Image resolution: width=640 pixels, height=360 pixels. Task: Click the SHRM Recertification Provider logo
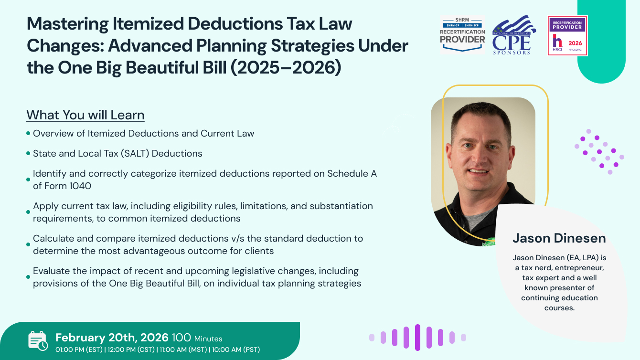click(x=462, y=35)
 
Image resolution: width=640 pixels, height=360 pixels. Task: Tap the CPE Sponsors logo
click(x=512, y=35)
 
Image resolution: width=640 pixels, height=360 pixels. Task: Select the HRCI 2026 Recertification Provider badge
click(x=567, y=36)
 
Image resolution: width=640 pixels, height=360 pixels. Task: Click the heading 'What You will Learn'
click(x=85, y=115)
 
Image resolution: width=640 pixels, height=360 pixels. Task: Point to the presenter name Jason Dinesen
click(x=559, y=238)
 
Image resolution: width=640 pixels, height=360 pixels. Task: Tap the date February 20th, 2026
click(x=112, y=338)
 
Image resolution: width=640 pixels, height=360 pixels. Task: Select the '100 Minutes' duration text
click(x=197, y=338)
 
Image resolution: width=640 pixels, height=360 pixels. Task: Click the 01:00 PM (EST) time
click(x=80, y=349)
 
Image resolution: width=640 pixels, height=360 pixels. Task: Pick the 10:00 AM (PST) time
click(x=236, y=349)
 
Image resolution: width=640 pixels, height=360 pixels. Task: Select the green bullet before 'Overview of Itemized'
click(x=29, y=134)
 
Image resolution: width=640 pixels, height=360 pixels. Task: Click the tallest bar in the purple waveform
click(x=417, y=338)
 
